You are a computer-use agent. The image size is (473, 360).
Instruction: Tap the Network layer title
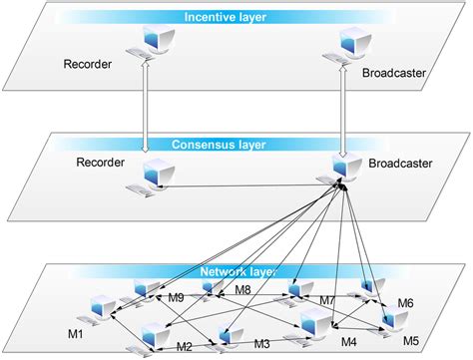pyautogui.click(x=237, y=270)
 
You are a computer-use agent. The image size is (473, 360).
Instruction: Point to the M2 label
pyautogui.click(x=185, y=346)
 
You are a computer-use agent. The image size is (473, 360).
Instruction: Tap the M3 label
pyautogui.click(x=262, y=344)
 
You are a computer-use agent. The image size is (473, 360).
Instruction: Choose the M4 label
pyautogui.click(x=348, y=342)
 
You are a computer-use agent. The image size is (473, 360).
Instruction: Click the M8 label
pyautogui.click(x=242, y=290)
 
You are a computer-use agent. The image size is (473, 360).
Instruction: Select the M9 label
pyautogui.click(x=176, y=297)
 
